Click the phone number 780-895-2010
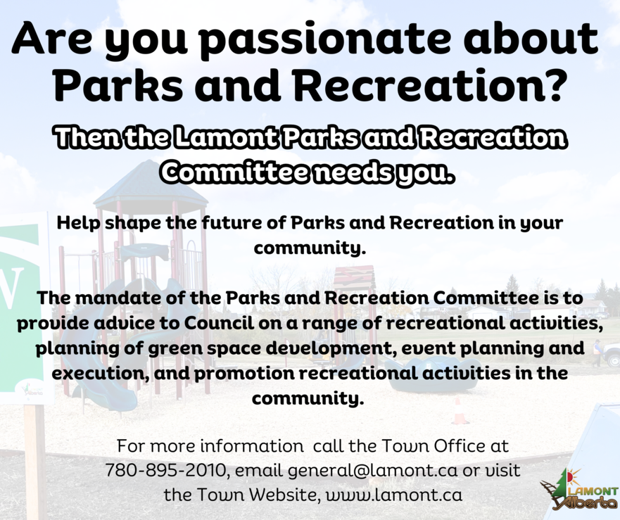tap(165, 471)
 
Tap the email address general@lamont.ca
tap(372, 471)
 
